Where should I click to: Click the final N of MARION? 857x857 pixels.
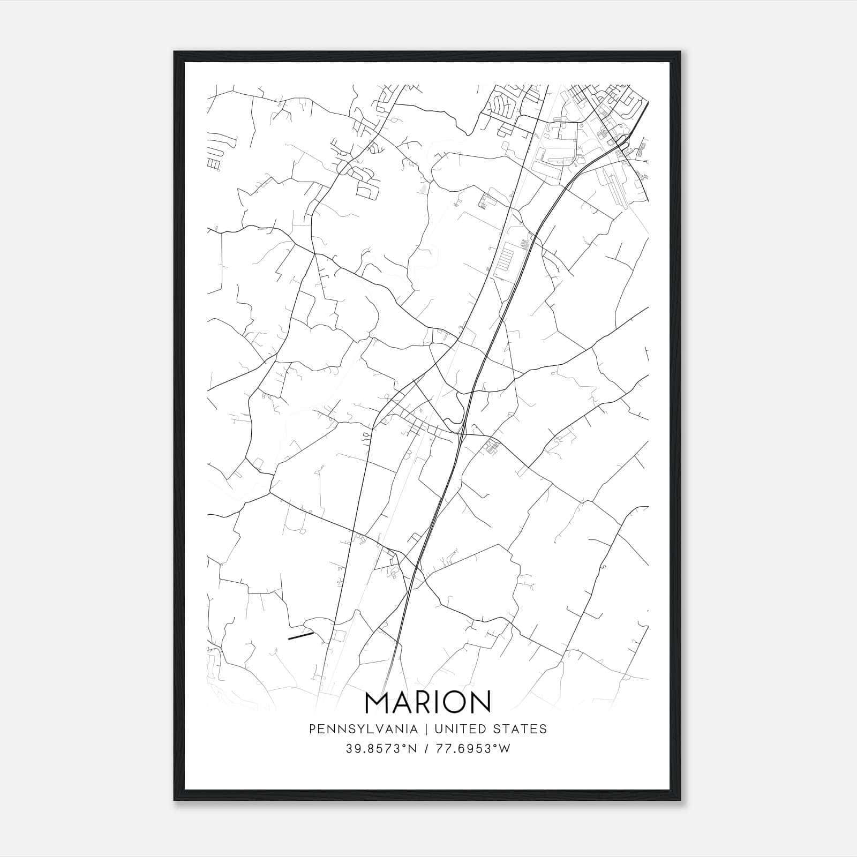click(481, 702)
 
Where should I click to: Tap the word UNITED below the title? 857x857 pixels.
click(460, 729)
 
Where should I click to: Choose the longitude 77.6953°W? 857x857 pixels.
click(474, 749)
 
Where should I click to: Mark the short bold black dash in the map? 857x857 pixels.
click(300, 636)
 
